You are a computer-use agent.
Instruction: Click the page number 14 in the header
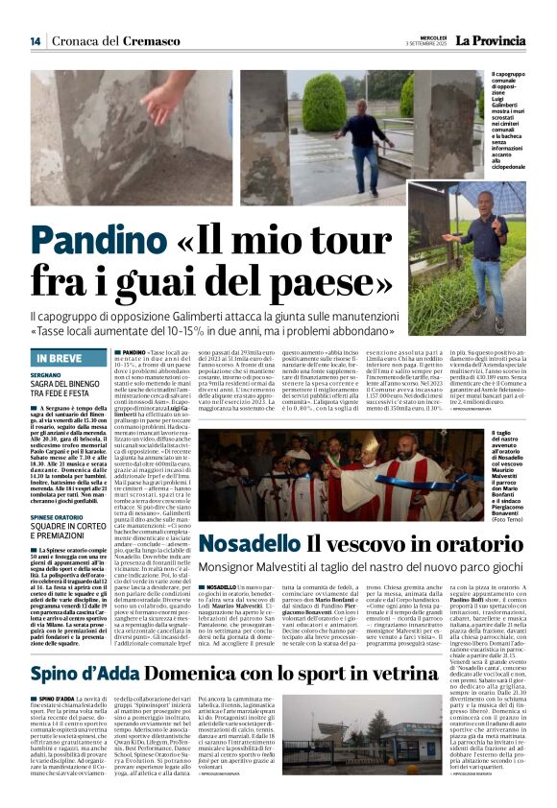coord(35,41)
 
